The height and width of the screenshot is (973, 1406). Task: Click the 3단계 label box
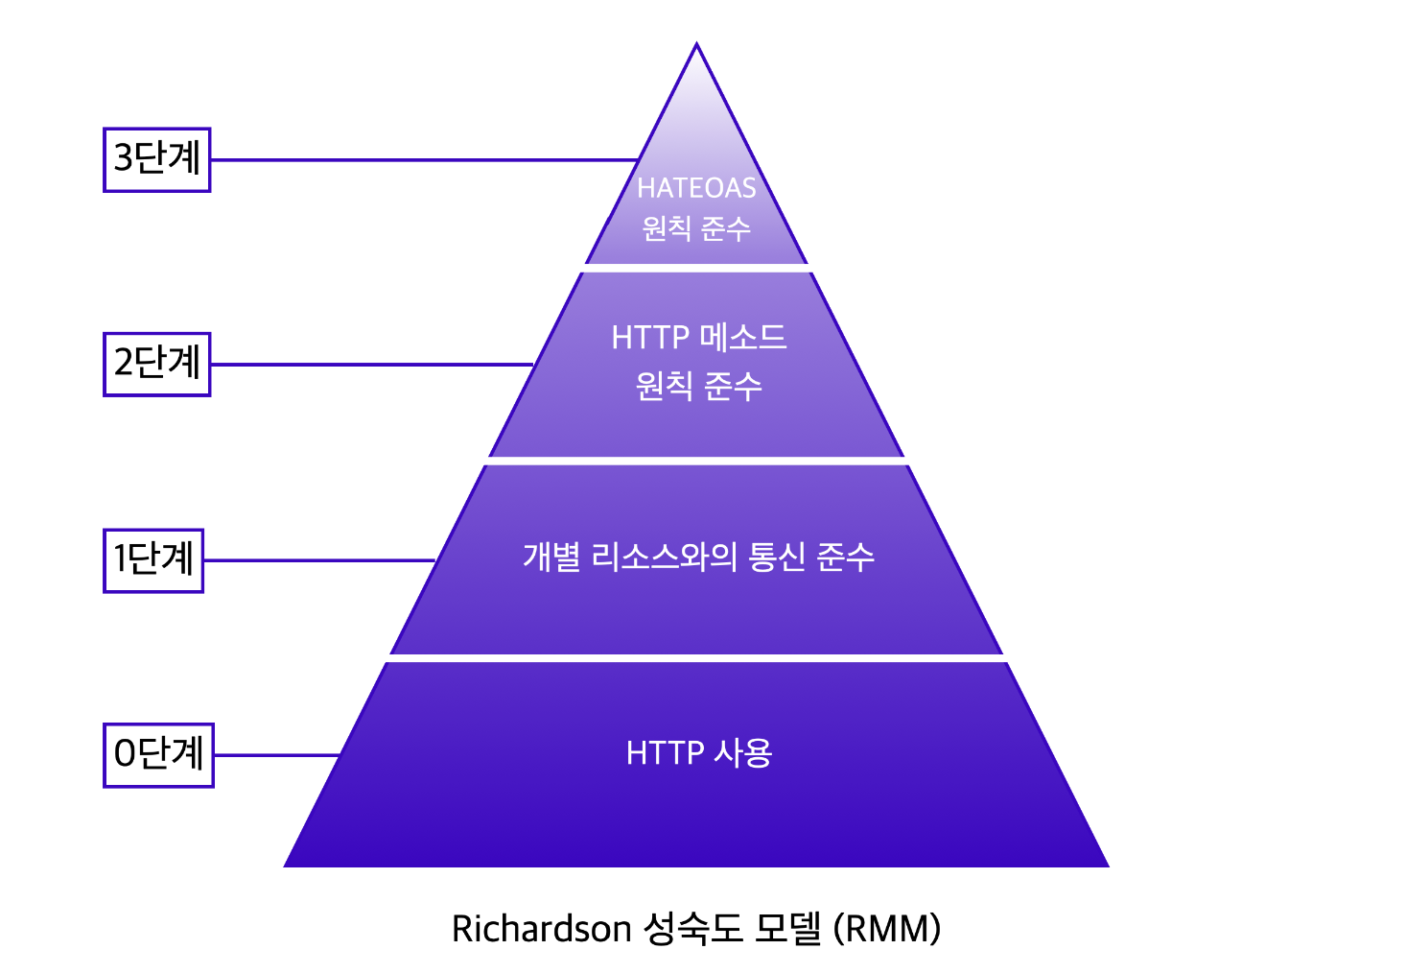(x=156, y=159)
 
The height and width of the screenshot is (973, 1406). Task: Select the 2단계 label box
(x=156, y=364)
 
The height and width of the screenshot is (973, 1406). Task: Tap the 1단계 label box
(x=153, y=560)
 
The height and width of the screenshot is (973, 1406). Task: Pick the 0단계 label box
(x=158, y=755)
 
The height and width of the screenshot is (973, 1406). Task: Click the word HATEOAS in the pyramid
(x=696, y=188)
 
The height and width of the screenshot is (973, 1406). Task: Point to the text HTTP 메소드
(x=698, y=338)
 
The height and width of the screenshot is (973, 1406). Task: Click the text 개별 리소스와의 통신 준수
(x=698, y=557)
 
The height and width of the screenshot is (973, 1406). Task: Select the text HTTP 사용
(x=698, y=753)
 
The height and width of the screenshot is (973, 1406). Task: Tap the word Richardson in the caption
(x=541, y=929)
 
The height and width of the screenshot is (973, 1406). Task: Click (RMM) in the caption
(x=887, y=929)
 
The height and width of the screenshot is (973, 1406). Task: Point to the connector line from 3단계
(x=422, y=159)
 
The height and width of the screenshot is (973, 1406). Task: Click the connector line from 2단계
(x=370, y=365)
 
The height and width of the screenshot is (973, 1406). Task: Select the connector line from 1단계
(x=318, y=560)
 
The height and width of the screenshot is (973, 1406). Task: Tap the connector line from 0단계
(x=276, y=755)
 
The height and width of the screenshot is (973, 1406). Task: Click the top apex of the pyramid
(x=697, y=47)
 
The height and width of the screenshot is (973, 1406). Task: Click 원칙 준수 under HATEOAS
(x=696, y=228)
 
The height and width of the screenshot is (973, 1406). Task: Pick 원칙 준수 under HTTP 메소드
(x=698, y=386)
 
